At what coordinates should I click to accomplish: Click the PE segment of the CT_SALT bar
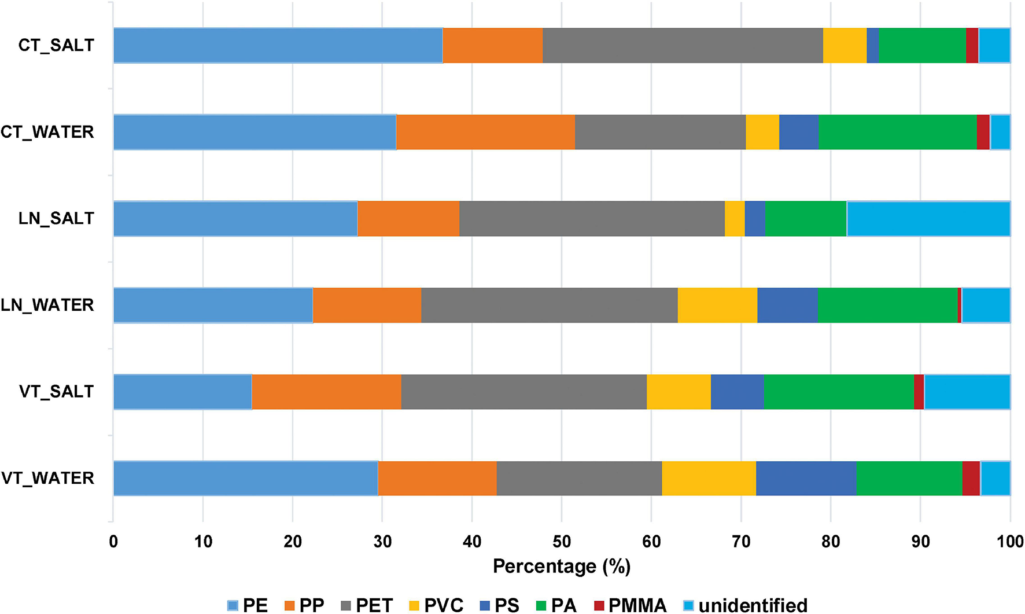(x=278, y=45)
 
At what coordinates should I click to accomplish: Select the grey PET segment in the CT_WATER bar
(x=660, y=132)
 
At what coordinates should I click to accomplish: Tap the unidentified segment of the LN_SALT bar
(x=928, y=219)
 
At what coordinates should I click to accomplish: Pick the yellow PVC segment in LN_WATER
(x=717, y=305)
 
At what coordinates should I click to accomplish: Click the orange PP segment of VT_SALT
(x=326, y=392)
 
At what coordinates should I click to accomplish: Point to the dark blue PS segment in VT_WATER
(x=806, y=478)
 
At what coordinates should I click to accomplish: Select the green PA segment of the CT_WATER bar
(x=897, y=132)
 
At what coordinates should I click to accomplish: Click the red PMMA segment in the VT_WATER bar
(x=971, y=478)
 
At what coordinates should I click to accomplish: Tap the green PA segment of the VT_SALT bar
(x=839, y=392)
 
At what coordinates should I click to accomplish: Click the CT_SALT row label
(x=56, y=45)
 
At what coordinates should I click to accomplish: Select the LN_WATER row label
(x=47, y=305)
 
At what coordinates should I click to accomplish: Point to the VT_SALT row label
(x=56, y=392)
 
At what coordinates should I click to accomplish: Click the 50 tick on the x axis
(x=562, y=542)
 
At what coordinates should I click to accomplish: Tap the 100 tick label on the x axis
(x=1010, y=542)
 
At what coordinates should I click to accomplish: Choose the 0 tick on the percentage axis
(x=113, y=542)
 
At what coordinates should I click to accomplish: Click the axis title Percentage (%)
(x=562, y=567)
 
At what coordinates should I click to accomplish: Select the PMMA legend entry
(x=631, y=605)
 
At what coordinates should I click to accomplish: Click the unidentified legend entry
(x=746, y=605)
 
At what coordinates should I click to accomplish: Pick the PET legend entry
(x=367, y=605)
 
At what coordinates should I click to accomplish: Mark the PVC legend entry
(x=437, y=605)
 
